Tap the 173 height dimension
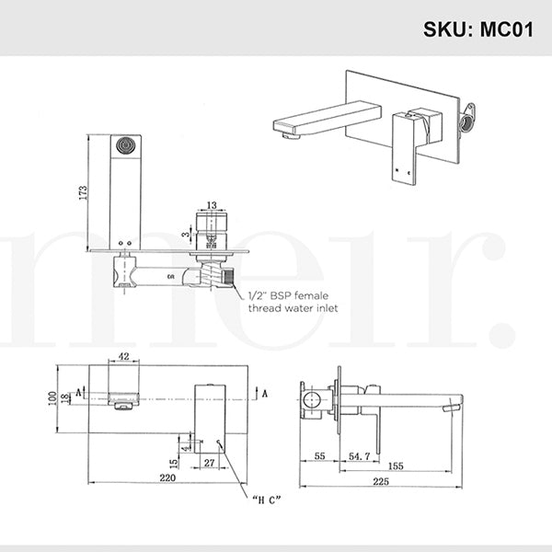point(82,192)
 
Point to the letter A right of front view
point(266,394)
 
